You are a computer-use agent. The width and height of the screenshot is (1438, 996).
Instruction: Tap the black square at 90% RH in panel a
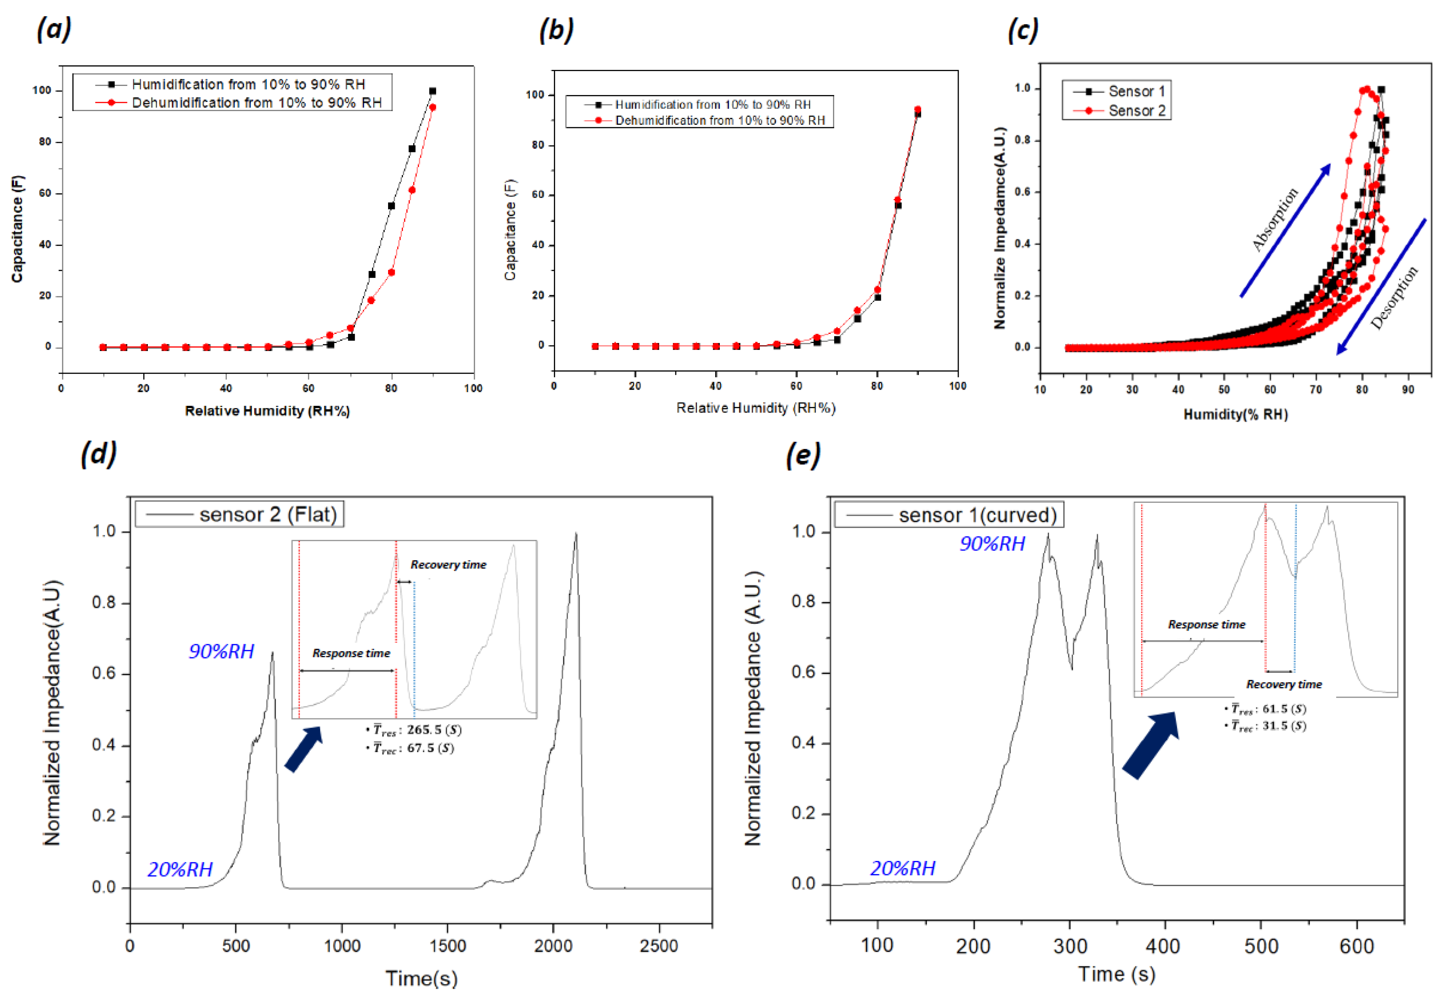point(432,91)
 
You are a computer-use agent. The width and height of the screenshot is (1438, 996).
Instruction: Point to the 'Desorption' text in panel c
point(1394,298)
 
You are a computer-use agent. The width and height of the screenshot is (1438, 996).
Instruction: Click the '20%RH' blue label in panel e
point(902,868)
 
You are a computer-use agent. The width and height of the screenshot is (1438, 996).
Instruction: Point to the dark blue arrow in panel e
point(1150,746)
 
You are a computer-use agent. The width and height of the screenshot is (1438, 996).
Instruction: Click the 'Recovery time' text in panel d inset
point(448,564)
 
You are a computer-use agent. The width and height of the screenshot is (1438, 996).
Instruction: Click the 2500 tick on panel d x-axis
point(658,945)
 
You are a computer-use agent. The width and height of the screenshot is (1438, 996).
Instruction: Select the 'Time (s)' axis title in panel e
point(1116,973)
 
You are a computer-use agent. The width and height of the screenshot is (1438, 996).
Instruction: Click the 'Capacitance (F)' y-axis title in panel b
point(510,230)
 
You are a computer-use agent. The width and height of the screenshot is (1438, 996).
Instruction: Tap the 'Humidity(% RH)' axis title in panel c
point(1235,414)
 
